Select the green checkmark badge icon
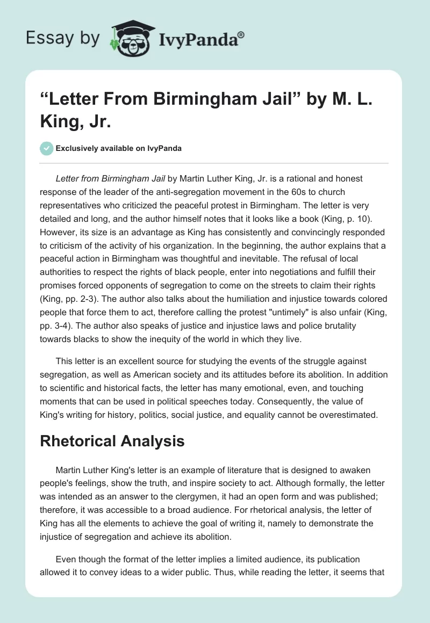[x=47, y=148]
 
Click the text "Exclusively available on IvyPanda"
[x=118, y=148]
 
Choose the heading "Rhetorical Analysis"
[x=112, y=441]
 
